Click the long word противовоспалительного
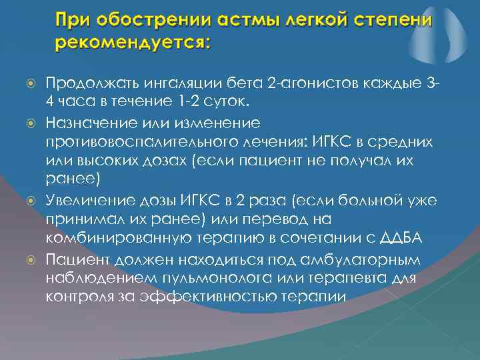(150, 143)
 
